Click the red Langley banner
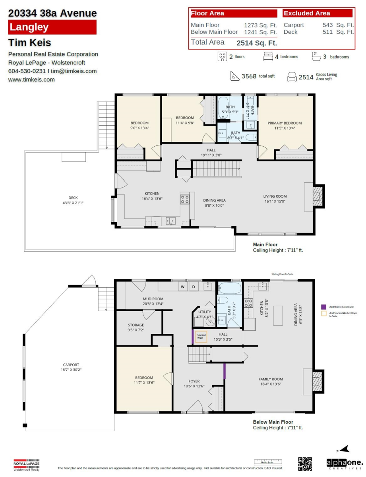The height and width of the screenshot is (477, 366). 52,27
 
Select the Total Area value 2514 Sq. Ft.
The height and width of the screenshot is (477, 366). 257,43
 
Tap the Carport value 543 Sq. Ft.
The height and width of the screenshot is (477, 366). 338,25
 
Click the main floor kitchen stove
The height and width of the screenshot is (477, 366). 185,199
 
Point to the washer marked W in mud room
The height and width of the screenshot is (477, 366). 183,287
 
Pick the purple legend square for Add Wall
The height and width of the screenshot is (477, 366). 323,307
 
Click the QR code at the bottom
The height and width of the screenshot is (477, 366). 305,463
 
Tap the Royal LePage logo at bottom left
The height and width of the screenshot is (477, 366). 27,465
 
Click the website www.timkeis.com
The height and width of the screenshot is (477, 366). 31,79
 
